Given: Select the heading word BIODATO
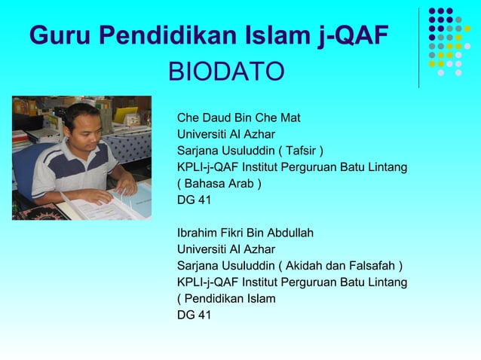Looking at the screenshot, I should (x=225, y=72).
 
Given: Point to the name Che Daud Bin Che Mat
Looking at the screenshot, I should (x=238, y=117).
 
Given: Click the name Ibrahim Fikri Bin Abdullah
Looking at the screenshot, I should (x=245, y=233).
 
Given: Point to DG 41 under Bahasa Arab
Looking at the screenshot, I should (x=194, y=200).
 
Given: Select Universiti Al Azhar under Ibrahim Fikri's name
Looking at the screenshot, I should (x=225, y=249).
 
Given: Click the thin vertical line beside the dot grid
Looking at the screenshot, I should (x=419, y=47).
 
